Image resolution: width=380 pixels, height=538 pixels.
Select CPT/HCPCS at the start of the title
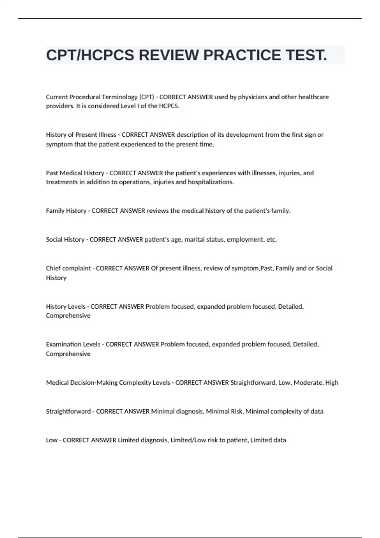90,55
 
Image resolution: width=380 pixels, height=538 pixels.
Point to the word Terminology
120,97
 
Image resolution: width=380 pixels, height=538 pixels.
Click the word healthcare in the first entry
313,97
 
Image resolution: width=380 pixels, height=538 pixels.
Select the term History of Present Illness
81,135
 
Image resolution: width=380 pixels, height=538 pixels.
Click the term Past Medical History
75,173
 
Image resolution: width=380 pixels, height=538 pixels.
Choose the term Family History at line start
66,211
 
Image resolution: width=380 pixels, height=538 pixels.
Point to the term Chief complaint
68,268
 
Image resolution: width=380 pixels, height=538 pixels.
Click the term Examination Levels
73,344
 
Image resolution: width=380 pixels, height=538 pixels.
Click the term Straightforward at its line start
68,411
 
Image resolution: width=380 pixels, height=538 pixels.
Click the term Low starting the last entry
52,440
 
